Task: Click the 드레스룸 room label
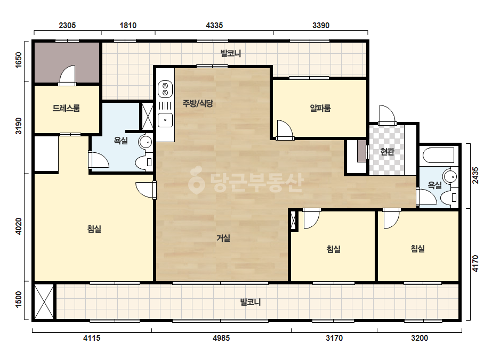[66, 108]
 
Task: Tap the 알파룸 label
[320, 108]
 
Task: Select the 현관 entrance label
[387, 152]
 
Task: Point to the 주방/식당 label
[198, 103]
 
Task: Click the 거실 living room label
[223, 238]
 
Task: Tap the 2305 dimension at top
[67, 25]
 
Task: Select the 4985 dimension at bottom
[221, 338]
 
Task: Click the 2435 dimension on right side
[475, 175]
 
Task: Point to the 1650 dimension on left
[19, 60]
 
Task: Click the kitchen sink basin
[165, 120]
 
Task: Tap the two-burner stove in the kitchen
[165, 89]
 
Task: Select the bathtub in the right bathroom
[439, 155]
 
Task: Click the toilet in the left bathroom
[144, 162]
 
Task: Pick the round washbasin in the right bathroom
[450, 177]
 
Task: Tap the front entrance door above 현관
[387, 115]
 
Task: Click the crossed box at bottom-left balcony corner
[44, 301]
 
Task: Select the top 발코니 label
[231, 53]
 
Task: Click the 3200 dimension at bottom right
[419, 338]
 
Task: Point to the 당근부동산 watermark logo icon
[196, 180]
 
